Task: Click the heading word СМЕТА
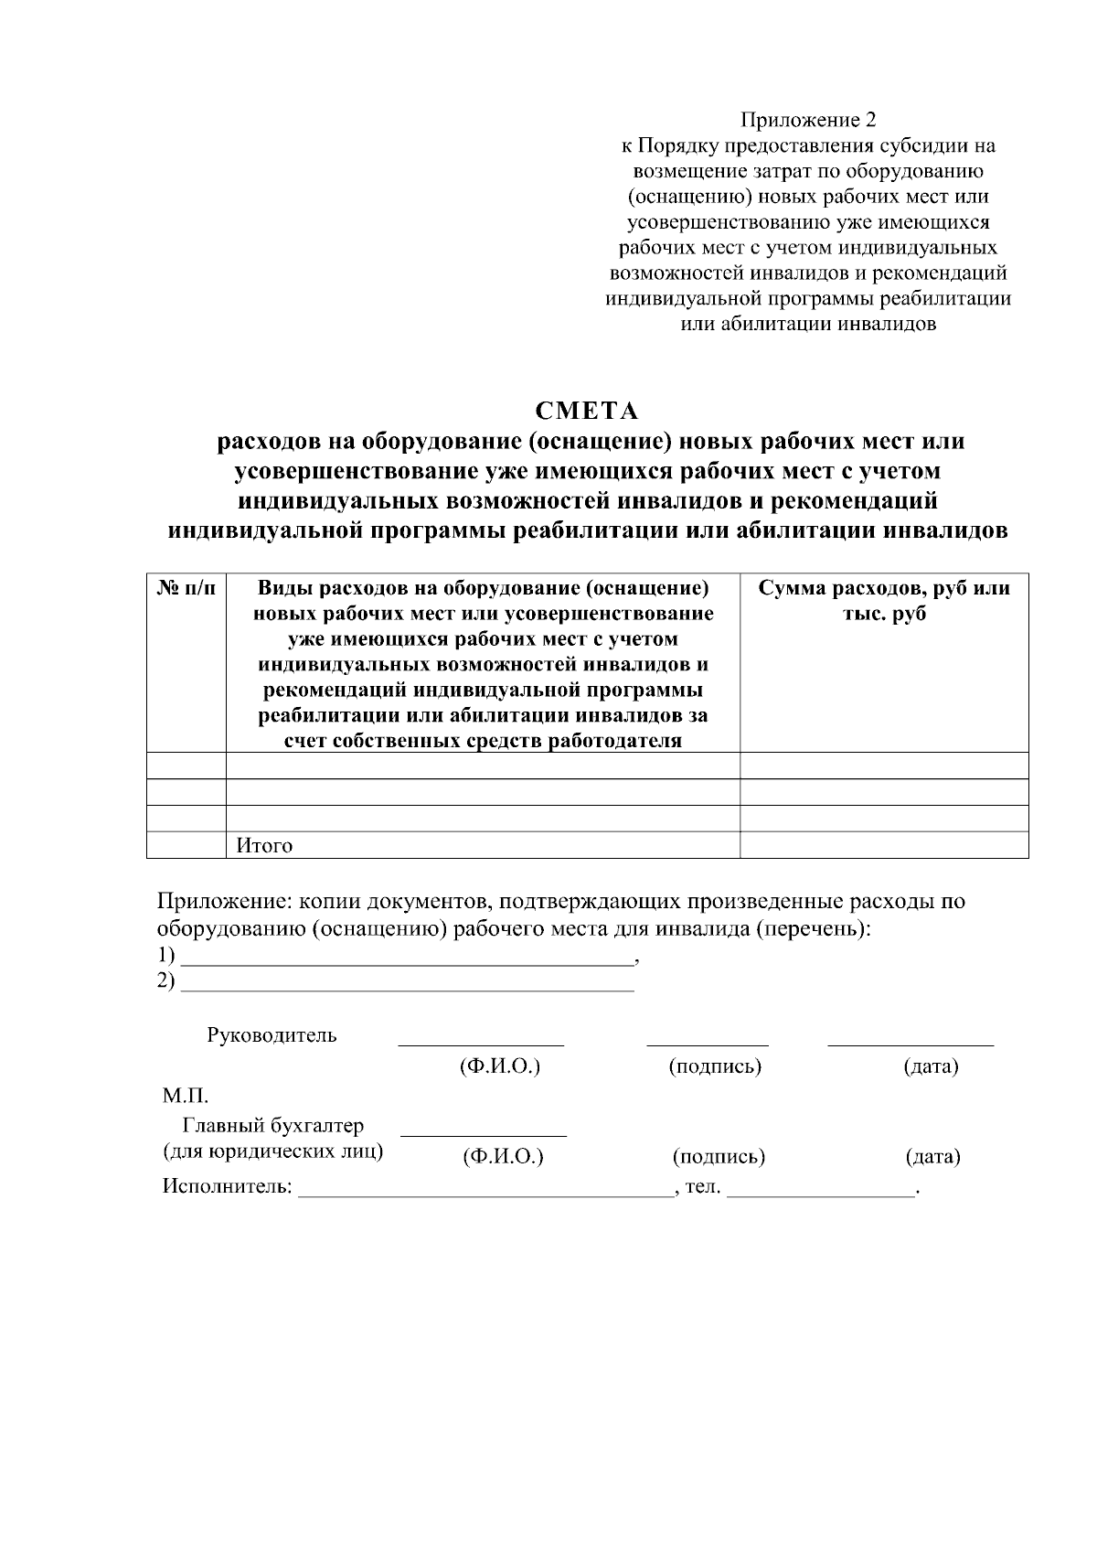click(586, 411)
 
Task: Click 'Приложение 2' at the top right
click(808, 120)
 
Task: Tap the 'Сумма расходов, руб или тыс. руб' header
click(883, 601)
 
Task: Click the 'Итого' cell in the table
click(265, 845)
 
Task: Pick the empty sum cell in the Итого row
click(883, 845)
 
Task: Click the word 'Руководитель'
click(272, 1035)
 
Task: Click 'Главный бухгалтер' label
click(273, 1125)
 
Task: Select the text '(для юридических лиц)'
click(272, 1151)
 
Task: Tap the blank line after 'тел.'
click(821, 1191)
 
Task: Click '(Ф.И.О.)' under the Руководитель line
click(499, 1066)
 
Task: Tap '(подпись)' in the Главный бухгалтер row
click(719, 1157)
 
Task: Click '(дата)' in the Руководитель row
click(931, 1066)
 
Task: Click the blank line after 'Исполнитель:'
click(485, 1191)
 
